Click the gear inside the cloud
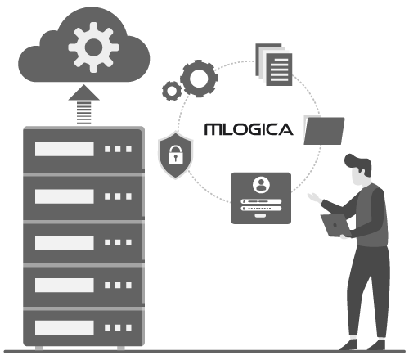(x=93, y=47)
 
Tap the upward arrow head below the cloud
(x=83, y=92)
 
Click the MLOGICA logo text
(x=249, y=129)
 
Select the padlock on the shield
(x=175, y=155)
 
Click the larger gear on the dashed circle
(x=199, y=79)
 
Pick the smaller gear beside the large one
(x=172, y=91)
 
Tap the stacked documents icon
(x=274, y=65)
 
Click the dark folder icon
(x=324, y=130)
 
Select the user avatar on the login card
(x=261, y=185)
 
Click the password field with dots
(x=261, y=209)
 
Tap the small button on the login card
(x=260, y=216)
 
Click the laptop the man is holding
(x=335, y=225)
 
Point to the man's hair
(x=358, y=164)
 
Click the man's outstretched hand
(x=315, y=197)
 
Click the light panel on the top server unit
(x=65, y=149)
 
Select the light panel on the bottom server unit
(x=65, y=327)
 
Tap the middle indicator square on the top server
(x=118, y=149)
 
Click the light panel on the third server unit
(x=65, y=242)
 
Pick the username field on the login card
(x=261, y=201)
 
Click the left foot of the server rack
(x=39, y=348)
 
